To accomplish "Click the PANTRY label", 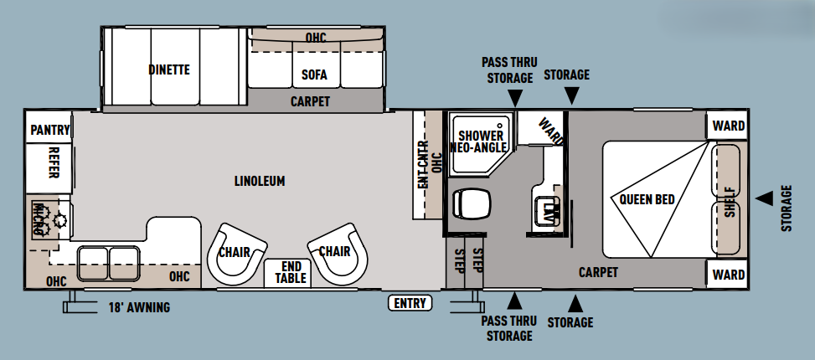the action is tap(50, 130).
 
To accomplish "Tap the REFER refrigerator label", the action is tap(53, 162).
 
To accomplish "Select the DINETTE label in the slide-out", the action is tap(169, 69).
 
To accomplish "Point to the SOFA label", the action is tap(314, 75).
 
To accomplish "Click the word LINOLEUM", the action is tap(260, 181).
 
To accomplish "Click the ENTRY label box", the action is tap(410, 303).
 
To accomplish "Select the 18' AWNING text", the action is tap(139, 307).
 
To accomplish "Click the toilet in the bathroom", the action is tap(471, 203).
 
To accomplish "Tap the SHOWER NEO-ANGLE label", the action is tap(478, 141).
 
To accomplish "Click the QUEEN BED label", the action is tap(647, 199).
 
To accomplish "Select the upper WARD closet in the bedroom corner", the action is tap(728, 126).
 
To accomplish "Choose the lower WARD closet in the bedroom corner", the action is tap(728, 274).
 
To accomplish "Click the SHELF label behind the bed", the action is tap(730, 202).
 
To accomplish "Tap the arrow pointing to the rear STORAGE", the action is tap(764, 198).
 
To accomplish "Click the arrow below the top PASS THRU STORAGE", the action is tap(515, 97).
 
